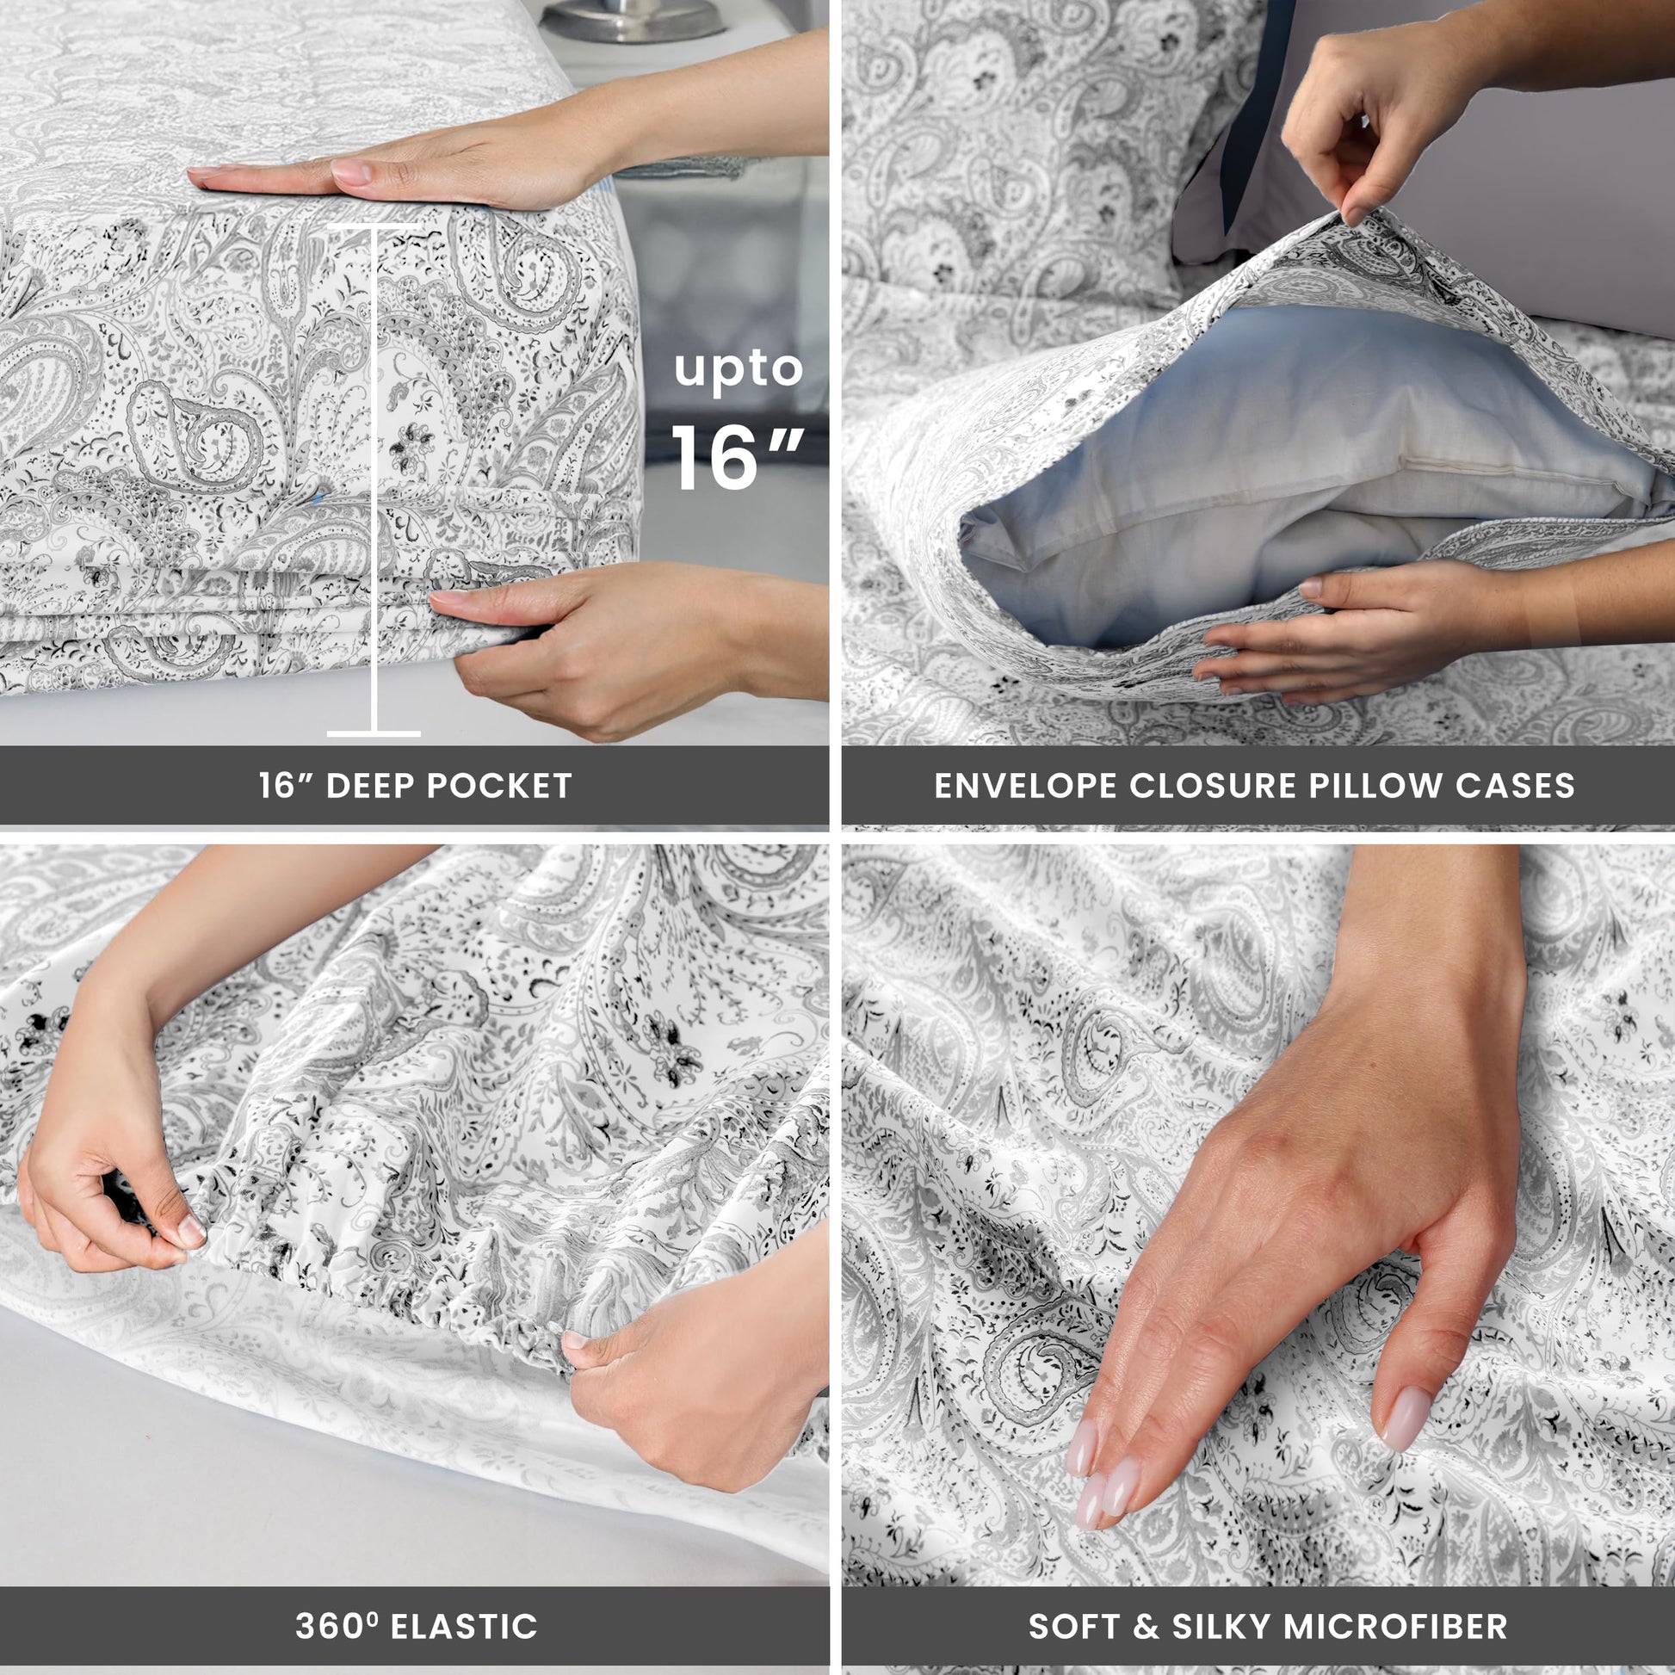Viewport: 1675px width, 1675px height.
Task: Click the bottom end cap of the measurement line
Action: pos(374,733)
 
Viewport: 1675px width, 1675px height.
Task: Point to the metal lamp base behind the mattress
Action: pos(633,19)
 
